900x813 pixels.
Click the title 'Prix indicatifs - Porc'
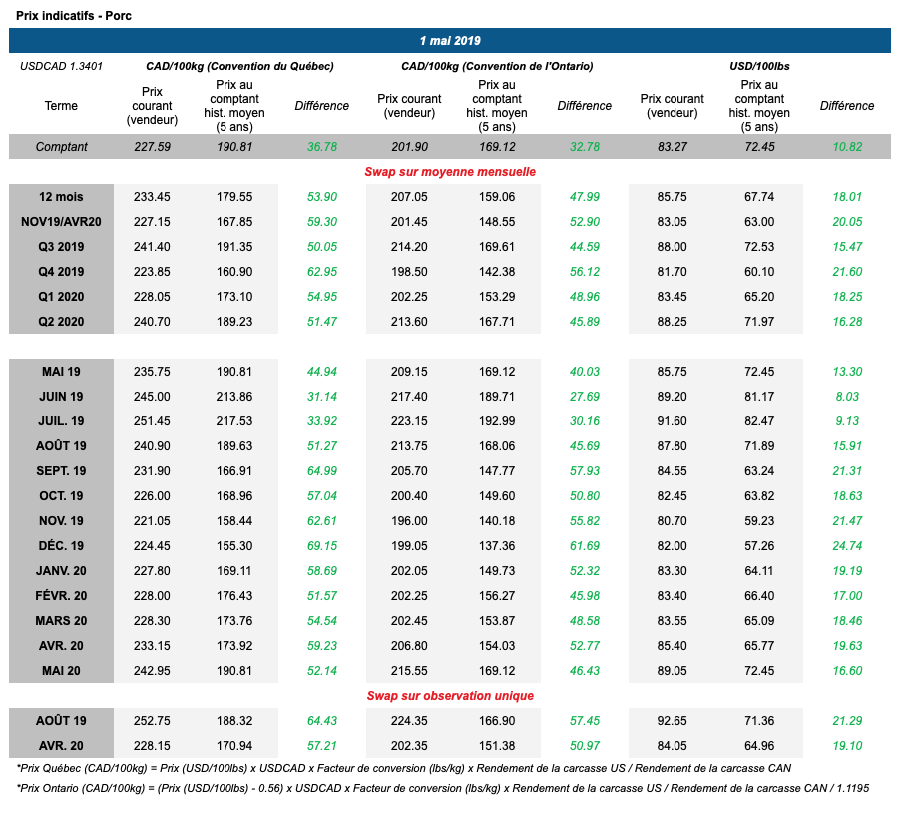coord(74,16)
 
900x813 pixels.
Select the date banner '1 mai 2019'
coord(450,41)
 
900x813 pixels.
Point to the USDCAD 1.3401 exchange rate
coord(61,66)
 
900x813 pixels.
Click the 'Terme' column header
coord(61,106)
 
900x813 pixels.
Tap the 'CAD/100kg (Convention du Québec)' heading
coord(239,66)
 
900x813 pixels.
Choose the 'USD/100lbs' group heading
coord(759,66)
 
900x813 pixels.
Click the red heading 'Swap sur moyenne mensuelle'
coord(450,172)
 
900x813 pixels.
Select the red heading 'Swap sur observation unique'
coord(450,696)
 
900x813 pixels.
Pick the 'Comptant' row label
coord(61,147)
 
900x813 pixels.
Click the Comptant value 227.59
coord(152,147)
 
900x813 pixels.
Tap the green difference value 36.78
coord(322,147)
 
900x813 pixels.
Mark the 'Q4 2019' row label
coord(61,272)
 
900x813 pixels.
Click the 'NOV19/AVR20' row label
coord(61,222)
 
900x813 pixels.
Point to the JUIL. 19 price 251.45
coord(152,421)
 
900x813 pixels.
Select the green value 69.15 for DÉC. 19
coord(322,546)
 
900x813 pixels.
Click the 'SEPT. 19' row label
coord(61,471)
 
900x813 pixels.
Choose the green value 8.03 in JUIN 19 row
coord(846,397)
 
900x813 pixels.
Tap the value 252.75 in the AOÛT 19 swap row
coord(152,721)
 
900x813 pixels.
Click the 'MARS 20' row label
coord(61,621)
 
